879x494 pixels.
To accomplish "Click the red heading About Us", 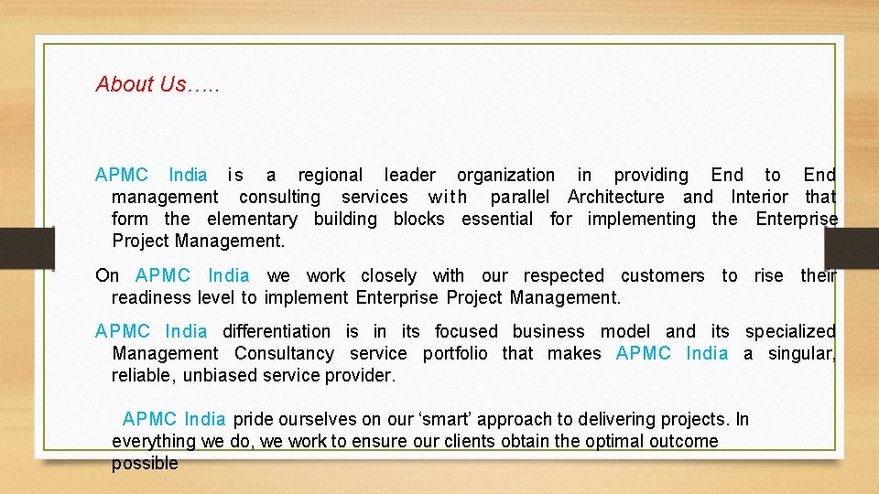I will tap(157, 84).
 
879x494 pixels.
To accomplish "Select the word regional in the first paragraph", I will tap(330, 175).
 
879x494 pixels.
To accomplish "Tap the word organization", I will tap(505, 175).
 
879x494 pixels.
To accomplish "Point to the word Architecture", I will tap(615, 197).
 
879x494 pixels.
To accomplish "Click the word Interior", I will tap(758, 197).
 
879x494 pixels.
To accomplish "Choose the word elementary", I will tap(252, 219).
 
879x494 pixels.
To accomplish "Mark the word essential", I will tap(496, 219).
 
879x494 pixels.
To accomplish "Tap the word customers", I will tap(662, 275).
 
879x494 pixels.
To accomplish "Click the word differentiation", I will tap(277, 331).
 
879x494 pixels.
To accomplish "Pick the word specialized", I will tap(790, 331).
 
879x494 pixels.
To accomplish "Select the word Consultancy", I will tap(284, 353).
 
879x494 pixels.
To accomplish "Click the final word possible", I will tap(145, 463).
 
